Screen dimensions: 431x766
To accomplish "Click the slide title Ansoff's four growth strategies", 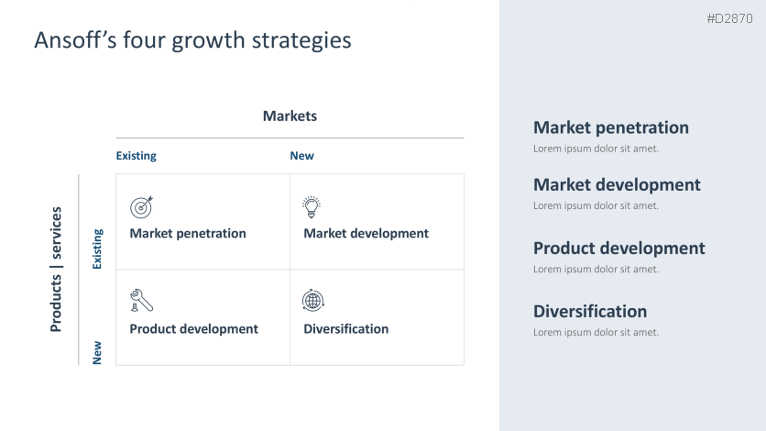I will pos(192,40).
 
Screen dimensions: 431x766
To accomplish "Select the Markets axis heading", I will pos(290,116).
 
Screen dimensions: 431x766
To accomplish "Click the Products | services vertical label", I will pos(56,269).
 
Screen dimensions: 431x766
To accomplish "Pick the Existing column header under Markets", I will pos(136,156).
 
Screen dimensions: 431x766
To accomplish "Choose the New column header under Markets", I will pos(301,156).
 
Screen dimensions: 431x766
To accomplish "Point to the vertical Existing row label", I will pos(97,249).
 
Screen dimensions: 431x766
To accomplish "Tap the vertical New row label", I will pos(97,352).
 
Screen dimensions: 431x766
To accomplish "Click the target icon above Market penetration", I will pos(141,206).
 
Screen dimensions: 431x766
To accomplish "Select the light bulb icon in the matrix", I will pos(312,206).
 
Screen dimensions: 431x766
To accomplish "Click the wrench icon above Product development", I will pos(141,300).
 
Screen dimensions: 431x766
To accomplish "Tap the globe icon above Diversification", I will pos(312,300).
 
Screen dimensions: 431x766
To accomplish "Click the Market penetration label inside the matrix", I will pos(188,234).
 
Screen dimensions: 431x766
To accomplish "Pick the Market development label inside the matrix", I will pos(366,234).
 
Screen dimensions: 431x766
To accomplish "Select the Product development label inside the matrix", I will pos(193,329).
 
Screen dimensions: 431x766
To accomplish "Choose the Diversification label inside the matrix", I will pos(345,329).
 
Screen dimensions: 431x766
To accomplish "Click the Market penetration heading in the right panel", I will pos(610,127).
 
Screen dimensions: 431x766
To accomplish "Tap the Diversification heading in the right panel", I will pos(589,311).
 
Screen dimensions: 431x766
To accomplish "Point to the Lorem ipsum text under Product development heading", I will pos(596,270).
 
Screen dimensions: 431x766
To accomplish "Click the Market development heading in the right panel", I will pos(617,184).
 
